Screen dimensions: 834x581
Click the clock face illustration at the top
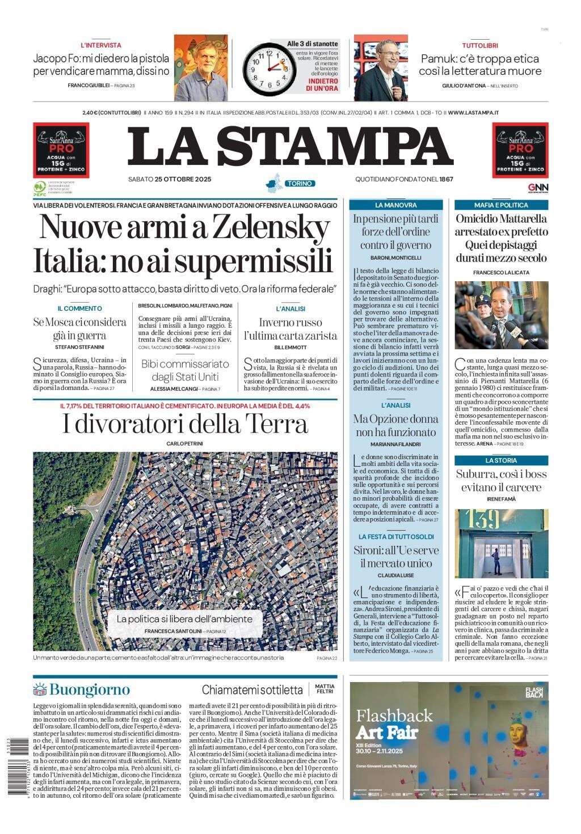(270, 69)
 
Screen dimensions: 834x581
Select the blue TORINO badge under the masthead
(300, 184)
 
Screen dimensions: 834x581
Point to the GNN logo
(538, 188)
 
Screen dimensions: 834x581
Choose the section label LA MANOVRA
(396, 205)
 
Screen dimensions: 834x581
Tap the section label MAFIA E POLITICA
(501, 205)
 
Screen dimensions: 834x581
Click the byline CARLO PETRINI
(185, 443)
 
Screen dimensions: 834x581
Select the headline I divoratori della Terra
(185, 424)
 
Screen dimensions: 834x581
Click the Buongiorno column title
(89, 689)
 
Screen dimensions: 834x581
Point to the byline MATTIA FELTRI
(325, 689)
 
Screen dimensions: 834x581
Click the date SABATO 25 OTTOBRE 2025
(170, 180)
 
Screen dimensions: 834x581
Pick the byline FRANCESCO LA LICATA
(501, 272)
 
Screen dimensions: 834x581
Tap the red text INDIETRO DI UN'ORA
(322, 84)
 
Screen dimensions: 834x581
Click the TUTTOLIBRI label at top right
(480, 45)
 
